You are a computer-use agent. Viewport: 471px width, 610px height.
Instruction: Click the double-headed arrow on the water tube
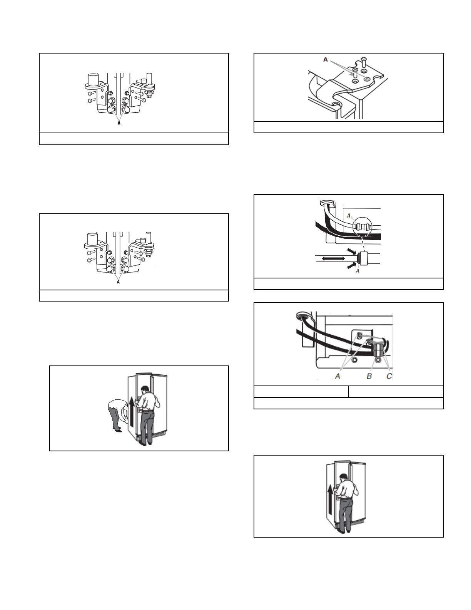pos(333,259)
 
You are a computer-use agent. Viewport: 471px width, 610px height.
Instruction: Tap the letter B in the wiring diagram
pos(369,376)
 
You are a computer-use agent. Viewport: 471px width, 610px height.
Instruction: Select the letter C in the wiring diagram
pos(389,376)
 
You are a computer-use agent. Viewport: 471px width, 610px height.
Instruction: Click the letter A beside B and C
pos(337,376)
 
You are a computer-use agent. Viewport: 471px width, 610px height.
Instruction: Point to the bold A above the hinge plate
pos(326,60)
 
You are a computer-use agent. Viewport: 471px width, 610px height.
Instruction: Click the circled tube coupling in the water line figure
pos(363,227)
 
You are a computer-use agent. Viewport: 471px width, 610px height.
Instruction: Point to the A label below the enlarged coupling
pos(358,271)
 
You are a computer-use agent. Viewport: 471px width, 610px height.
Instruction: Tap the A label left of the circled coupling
pos(349,216)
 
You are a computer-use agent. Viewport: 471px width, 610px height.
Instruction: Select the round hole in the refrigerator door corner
pos(337,105)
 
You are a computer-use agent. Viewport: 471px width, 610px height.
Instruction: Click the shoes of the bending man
pos(118,430)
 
